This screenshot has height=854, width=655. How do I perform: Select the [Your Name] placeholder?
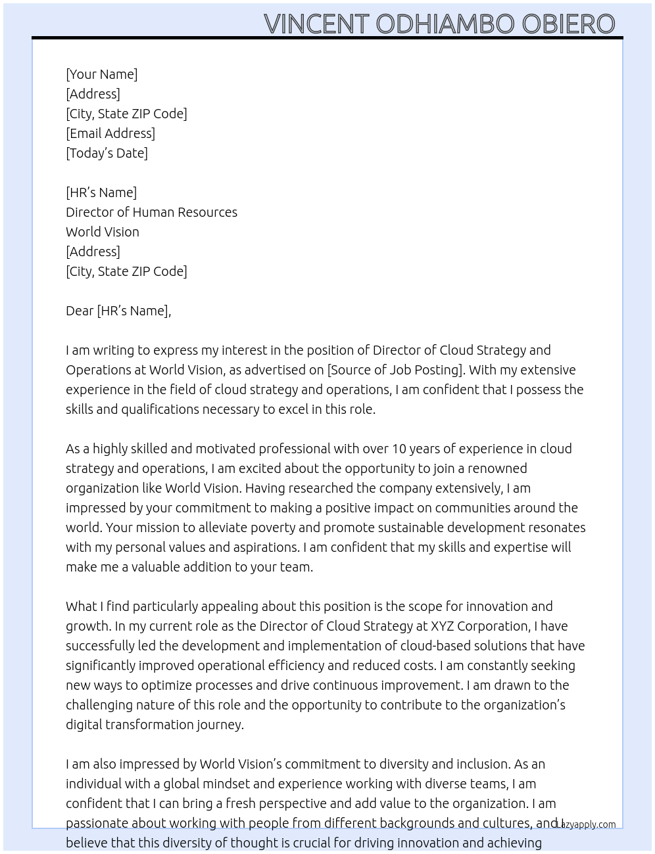click(101, 74)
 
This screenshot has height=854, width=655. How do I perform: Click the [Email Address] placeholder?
click(110, 133)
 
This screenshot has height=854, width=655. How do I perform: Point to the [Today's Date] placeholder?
click(107, 153)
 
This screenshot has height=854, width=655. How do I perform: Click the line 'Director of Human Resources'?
click(151, 212)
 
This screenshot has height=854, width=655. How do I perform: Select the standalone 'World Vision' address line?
click(103, 232)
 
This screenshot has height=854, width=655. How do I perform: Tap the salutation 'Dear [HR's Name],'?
click(118, 311)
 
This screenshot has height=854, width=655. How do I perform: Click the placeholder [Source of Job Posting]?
click(395, 370)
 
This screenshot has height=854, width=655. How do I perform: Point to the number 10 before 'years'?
click(400, 449)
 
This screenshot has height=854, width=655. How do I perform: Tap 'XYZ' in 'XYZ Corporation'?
click(442, 626)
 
